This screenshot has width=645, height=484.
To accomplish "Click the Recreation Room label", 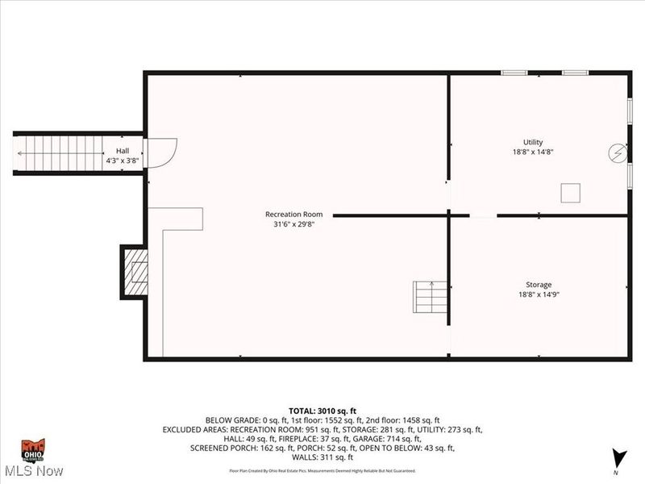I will [294, 214].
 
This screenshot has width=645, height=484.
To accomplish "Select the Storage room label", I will [539, 284].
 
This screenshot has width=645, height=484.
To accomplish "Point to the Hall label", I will [123, 151].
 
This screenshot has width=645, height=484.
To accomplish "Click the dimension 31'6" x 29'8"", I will [294, 224].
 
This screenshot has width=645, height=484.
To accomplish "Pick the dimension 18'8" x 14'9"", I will [539, 294].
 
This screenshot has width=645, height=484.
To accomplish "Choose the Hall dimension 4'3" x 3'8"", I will [123, 161].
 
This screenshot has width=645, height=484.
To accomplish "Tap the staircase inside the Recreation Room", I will [431, 297].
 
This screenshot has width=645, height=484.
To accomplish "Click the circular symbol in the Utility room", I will [617, 152].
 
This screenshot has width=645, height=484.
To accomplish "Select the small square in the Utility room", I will [571, 192].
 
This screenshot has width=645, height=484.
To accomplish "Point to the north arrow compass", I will [618, 457].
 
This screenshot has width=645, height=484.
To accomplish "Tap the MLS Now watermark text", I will [34, 469].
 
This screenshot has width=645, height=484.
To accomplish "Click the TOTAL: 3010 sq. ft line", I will [322, 411].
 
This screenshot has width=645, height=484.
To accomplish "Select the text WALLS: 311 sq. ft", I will [322, 457].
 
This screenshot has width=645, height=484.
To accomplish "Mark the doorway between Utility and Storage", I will [484, 215].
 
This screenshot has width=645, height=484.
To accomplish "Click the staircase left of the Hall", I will [60, 152].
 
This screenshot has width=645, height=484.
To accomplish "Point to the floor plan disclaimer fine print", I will [322, 470].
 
